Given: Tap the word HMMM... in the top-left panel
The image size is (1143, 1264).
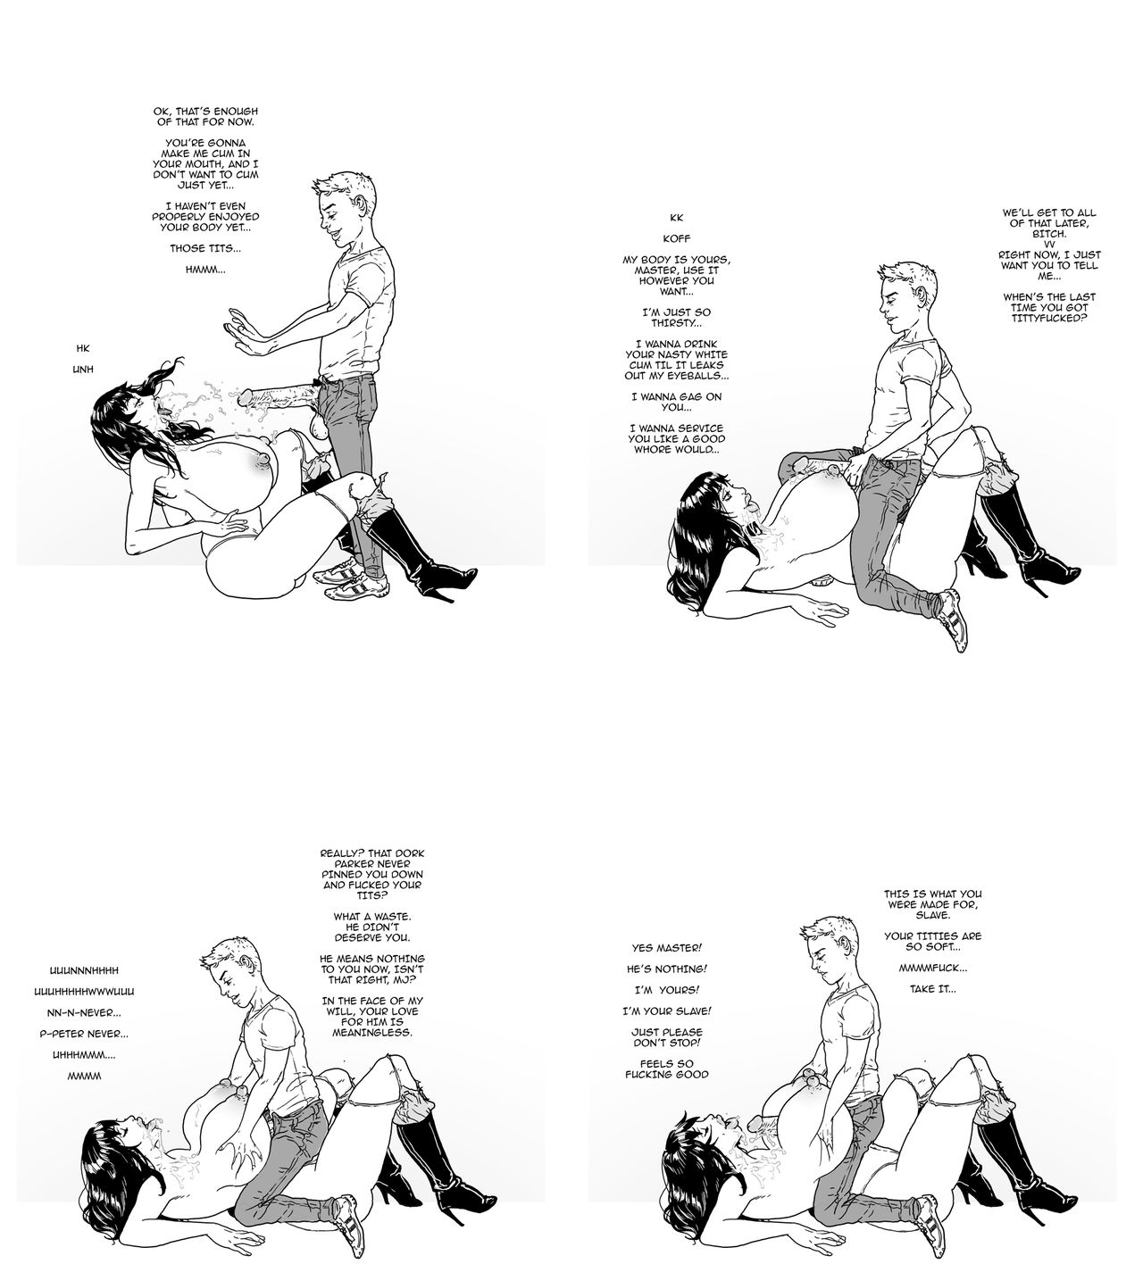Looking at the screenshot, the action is click(204, 270).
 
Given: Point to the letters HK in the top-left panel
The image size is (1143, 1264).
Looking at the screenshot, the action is click(83, 348).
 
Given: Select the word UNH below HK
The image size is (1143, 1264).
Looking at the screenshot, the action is click(83, 370).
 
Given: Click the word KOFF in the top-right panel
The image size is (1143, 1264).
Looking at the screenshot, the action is click(677, 239).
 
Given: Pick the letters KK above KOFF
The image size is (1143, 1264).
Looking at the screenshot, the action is click(677, 218).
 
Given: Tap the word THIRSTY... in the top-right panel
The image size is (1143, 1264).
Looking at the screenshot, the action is click(677, 323).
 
